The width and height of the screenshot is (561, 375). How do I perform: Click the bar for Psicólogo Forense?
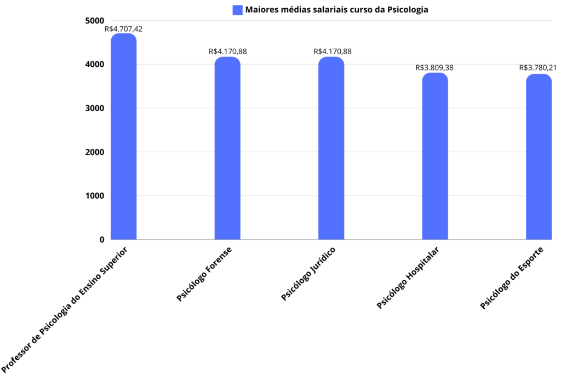pos(227,148)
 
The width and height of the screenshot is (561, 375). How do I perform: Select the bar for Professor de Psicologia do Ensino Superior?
pos(123,137)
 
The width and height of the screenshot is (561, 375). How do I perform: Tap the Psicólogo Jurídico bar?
pos(331,148)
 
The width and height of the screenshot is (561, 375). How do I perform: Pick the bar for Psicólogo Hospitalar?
pos(435,156)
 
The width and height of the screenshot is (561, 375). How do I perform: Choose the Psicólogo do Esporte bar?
pos(539,157)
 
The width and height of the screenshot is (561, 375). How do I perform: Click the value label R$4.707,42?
pos(123,28)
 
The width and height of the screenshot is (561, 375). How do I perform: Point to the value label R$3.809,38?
pos(434,68)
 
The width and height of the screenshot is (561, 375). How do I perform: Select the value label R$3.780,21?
pos(538,68)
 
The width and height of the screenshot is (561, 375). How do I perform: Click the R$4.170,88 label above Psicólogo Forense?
pos(228,51)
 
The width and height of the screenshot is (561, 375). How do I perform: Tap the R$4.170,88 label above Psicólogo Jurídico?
pos(333,51)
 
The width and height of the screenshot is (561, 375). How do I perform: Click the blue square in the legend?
pos(237,9)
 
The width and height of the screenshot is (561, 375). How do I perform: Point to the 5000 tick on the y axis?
pos(94,21)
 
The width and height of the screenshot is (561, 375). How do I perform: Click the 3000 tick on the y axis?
pos(94,108)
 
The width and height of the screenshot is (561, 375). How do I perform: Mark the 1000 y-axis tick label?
pos(94,196)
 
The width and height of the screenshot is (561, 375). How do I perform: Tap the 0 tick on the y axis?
pos(102,240)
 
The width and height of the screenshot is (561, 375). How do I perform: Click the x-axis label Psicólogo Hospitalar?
pos(408,278)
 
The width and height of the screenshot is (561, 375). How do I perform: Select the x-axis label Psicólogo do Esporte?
pos(511,278)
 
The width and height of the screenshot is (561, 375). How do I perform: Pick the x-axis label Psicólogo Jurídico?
pos(308,273)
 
